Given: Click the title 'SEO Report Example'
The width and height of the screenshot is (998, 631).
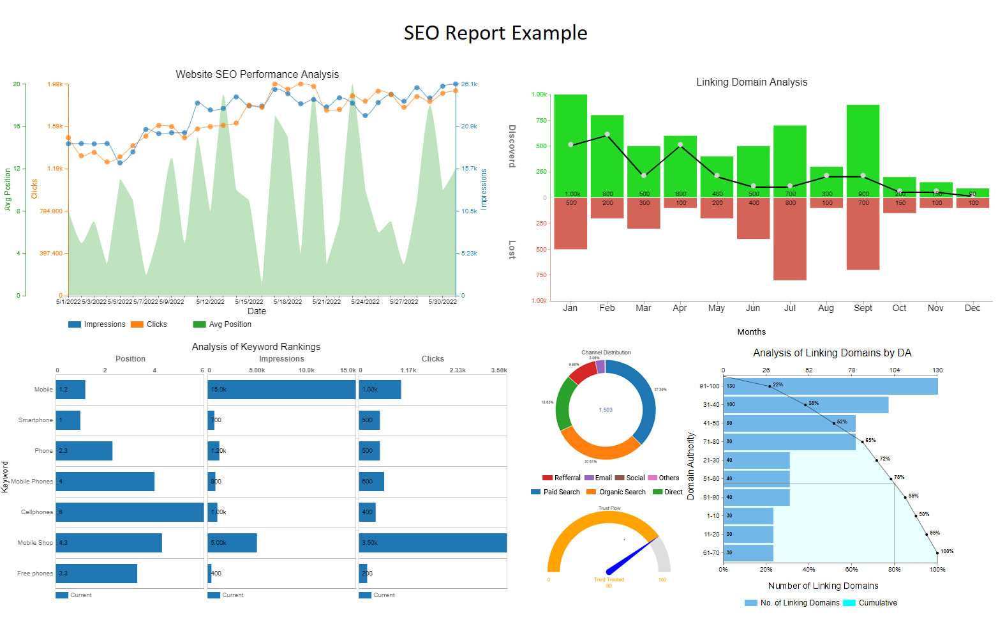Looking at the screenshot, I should click(495, 33).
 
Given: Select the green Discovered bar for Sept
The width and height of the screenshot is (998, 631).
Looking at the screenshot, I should click(863, 151).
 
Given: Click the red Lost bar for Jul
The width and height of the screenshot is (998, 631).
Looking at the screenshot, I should click(790, 239).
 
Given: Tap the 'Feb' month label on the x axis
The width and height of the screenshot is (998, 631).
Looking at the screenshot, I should click(607, 308).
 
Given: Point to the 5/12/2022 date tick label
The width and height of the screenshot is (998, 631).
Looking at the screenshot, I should click(210, 301).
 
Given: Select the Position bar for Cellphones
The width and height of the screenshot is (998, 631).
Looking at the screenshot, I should click(130, 512).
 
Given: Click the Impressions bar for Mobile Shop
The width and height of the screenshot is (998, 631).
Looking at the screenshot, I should click(232, 543).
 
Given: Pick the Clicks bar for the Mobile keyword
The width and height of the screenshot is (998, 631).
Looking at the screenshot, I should click(380, 390).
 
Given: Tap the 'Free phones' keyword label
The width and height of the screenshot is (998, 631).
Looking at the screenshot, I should click(35, 574).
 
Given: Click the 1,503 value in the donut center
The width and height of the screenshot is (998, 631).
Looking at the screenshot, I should click(606, 410).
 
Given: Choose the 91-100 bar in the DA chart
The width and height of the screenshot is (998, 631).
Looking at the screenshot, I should click(830, 386).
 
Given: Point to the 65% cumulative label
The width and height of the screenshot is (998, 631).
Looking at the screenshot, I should click(870, 440).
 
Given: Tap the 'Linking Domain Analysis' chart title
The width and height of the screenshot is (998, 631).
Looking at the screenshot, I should click(752, 82).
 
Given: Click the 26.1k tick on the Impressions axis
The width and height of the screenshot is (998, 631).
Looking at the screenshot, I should click(469, 84).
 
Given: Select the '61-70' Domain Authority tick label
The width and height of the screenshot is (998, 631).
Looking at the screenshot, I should click(711, 553).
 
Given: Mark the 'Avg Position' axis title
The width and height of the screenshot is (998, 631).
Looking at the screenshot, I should click(8, 190).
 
